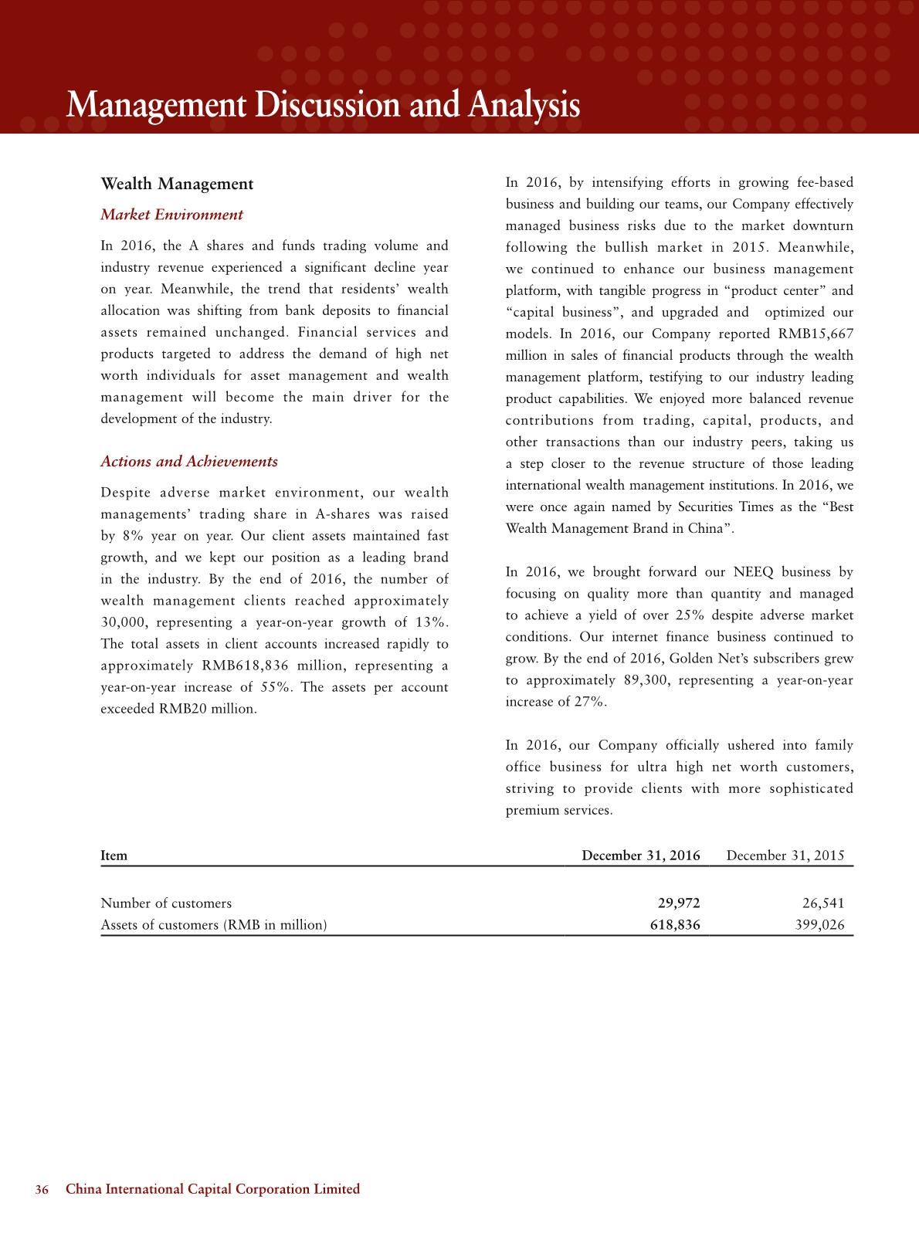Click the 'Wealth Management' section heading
177,185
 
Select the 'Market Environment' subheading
171,215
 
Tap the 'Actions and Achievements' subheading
189,462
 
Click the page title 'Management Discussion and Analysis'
323,105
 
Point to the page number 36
42,1189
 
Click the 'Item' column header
114,856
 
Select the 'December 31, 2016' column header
640,856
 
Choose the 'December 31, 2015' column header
785,856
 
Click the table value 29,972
677,903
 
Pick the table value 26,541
823,903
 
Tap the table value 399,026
819,925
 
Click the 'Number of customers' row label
166,903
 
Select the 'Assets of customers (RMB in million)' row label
214,925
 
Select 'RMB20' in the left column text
182,709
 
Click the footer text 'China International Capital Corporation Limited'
213,1189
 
